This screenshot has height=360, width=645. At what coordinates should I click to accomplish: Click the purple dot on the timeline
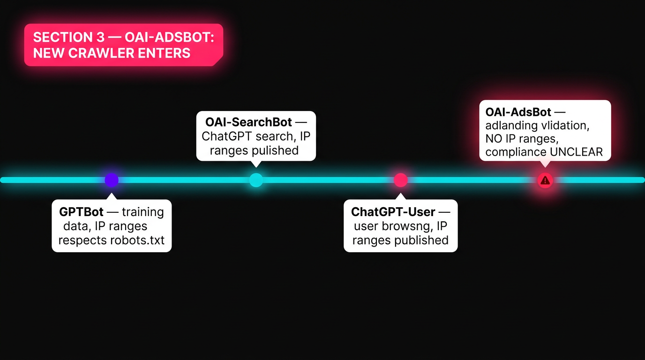click(112, 180)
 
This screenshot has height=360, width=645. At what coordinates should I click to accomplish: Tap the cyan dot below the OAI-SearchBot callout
click(256, 180)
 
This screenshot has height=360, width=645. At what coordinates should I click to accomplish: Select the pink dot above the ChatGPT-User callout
click(401, 180)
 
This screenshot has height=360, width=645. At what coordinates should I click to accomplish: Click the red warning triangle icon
click(545, 180)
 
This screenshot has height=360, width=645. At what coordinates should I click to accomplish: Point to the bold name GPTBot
click(82, 212)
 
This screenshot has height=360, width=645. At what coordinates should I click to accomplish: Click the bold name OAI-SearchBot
click(248, 122)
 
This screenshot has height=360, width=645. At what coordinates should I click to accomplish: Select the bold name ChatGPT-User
click(393, 212)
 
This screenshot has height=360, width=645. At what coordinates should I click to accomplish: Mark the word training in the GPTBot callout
click(142, 212)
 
